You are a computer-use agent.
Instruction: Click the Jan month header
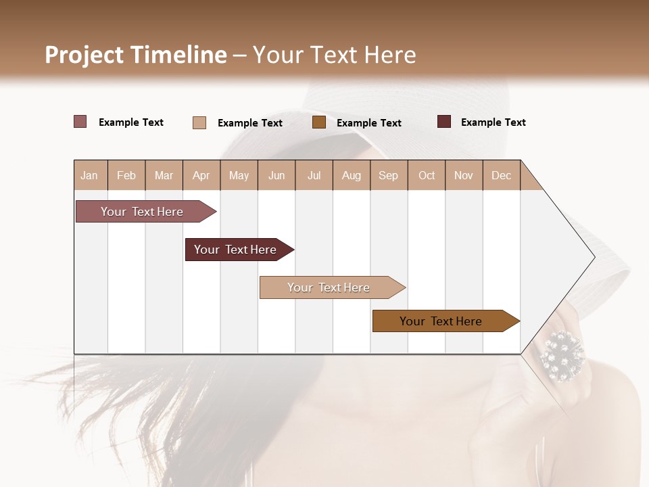click(x=89, y=175)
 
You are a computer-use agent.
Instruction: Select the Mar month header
click(x=164, y=175)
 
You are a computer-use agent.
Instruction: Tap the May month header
click(x=239, y=175)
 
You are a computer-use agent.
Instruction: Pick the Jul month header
click(x=314, y=175)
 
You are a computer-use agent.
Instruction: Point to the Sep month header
click(x=388, y=175)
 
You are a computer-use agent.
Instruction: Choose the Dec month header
click(x=501, y=175)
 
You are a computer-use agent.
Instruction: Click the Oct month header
click(x=427, y=175)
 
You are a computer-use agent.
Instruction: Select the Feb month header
click(x=126, y=175)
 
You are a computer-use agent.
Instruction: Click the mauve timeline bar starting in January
click(x=143, y=212)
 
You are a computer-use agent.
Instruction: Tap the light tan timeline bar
click(x=329, y=287)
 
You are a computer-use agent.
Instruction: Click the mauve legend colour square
click(x=80, y=122)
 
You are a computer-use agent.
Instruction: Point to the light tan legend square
click(x=199, y=122)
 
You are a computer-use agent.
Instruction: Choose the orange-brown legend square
click(x=319, y=122)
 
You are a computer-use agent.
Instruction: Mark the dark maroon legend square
click(x=444, y=122)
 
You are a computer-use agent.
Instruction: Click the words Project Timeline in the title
click(x=136, y=55)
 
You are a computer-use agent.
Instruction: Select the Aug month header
click(x=352, y=175)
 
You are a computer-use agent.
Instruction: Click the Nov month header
click(x=464, y=175)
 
